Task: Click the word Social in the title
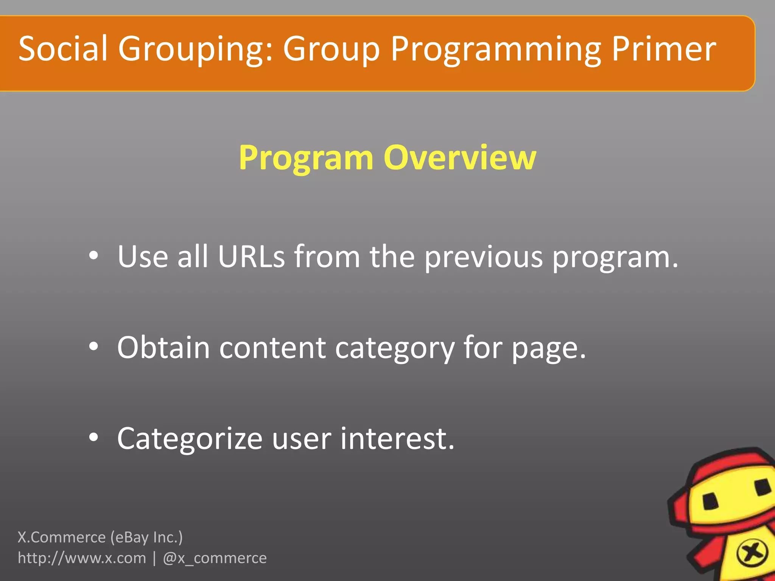point(63,49)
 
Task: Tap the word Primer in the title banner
point(663,49)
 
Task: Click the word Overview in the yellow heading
point(460,158)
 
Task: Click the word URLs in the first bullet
point(251,257)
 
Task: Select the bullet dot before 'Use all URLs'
point(93,256)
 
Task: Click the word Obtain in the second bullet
point(163,348)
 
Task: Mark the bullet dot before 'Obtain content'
point(93,347)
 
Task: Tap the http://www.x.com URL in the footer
point(82,558)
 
